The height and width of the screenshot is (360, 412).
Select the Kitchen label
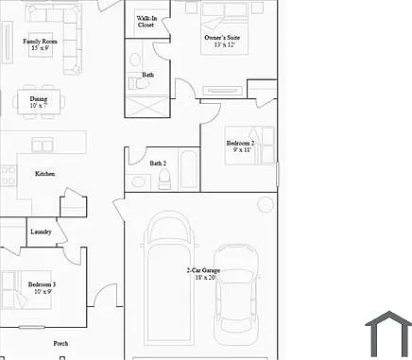coord(44,174)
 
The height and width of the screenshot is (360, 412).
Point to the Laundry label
coord(41,231)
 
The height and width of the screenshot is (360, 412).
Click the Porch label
coord(60,343)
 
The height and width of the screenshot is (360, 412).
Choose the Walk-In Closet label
coord(146,22)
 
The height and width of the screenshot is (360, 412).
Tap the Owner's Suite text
coord(222,38)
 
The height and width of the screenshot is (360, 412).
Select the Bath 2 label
coord(158,163)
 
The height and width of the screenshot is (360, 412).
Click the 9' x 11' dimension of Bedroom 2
coord(239,150)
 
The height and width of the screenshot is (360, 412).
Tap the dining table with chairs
coord(38,98)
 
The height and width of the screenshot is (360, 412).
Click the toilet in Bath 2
coord(164,182)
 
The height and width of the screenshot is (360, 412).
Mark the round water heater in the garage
coord(266,204)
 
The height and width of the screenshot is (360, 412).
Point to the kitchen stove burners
coord(8,175)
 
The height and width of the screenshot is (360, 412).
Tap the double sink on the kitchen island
coord(43,145)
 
